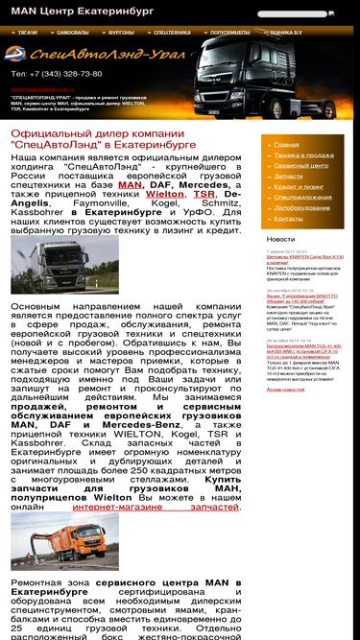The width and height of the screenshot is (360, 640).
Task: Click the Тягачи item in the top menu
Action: (x=27, y=32)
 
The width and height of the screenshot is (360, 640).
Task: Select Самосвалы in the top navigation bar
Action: (x=72, y=32)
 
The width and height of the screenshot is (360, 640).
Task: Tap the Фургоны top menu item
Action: (x=120, y=32)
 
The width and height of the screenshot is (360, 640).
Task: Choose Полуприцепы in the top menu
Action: (x=229, y=32)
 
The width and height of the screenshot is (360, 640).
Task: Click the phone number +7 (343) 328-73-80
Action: (x=57, y=74)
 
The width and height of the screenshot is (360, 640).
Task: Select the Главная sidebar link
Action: (x=286, y=145)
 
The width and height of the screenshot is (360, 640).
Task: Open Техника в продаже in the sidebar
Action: (x=303, y=155)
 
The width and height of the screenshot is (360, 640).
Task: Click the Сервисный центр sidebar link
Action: (x=300, y=166)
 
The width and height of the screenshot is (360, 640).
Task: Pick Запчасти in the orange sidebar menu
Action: (x=288, y=177)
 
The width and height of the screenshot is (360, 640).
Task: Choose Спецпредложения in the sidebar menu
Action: (x=302, y=198)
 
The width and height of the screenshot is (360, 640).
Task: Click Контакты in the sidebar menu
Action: (x=288, y=219)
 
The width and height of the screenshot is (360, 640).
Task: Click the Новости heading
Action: (x=281, y=239)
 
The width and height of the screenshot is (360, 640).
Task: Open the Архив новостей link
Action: (x=286, y=390)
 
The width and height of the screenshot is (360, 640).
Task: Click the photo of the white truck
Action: (x=52, y=265)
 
